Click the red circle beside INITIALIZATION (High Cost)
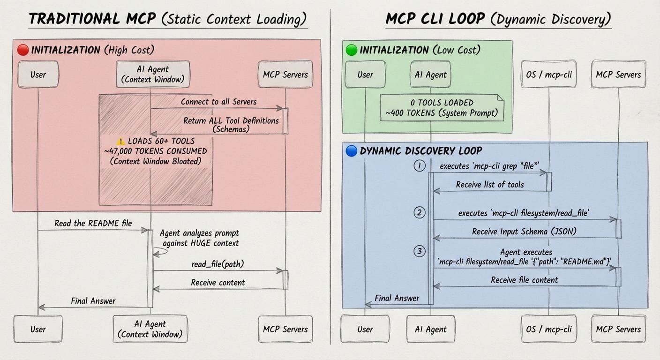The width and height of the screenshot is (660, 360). [23, 50]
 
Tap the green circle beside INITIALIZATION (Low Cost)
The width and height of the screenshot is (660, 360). [351, 50]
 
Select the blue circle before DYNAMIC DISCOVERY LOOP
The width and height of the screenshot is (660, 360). [351, 151]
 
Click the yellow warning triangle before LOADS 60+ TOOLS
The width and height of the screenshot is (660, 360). [121, 141]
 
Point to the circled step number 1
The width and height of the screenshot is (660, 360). [420, 166]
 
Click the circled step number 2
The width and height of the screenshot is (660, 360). [420, 213]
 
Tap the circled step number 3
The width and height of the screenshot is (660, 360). [420, 251]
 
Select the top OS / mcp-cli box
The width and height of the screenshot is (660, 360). [548, 75]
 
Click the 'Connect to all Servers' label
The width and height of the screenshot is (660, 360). [218, 102]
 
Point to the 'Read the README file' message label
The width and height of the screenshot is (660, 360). [93, 223]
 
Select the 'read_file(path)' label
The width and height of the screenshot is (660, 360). [217, 264]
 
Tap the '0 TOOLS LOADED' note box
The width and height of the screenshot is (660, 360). [442, 107]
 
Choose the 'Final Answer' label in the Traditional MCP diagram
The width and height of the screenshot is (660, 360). [93, 301]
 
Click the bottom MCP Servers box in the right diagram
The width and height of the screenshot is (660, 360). [618, 329]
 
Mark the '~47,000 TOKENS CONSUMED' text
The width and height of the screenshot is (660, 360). [156, 151]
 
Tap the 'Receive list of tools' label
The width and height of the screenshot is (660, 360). [489, 185]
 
